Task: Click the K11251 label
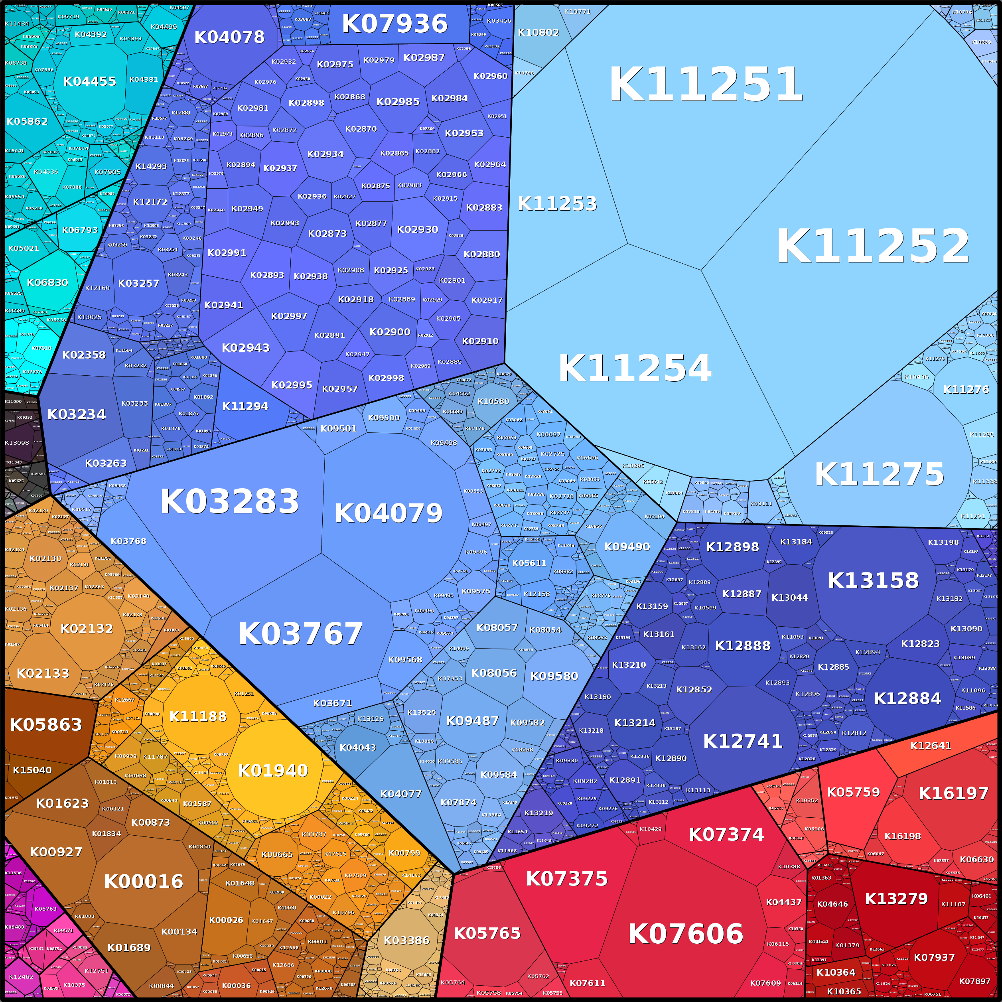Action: coord(705,85)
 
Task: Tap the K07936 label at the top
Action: coord(394,24)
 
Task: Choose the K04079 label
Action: coord(389,513)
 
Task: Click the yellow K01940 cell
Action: coord(273,771)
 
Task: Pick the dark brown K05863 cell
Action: coord(46,724)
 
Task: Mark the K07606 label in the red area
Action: coord(686,934)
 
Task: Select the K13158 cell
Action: coord(873,580)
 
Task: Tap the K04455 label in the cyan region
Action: coord(89,81)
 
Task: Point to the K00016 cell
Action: coord(144,881)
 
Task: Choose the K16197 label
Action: coord(953,793)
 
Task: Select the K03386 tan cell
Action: coord(406,940)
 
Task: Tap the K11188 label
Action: coord(198,716)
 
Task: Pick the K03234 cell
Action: coord(76,414)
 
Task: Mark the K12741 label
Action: coord(743,741)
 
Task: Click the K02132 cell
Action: coord(87,629)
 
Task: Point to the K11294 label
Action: coord(245,406)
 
